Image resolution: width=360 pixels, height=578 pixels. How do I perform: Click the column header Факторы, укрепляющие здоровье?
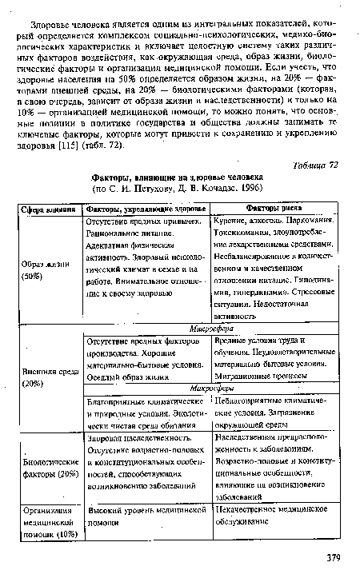pyautogui.click(x=146, y=207)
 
